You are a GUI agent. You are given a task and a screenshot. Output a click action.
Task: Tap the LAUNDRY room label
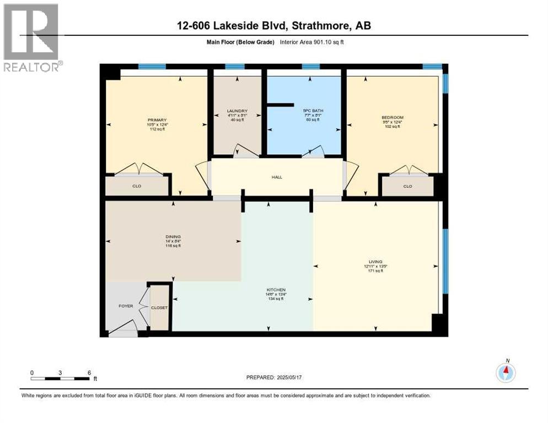point(237,111)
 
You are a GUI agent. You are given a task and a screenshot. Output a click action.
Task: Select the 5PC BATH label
point(313,111)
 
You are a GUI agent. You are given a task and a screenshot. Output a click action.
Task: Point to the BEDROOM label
point(393,117)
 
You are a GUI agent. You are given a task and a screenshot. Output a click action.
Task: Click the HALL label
point(277,177)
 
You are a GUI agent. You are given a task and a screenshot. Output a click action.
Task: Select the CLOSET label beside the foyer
point(159,307)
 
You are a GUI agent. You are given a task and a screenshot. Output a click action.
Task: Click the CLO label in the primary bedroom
point(137,186)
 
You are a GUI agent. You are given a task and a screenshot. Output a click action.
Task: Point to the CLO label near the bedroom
point(407,186)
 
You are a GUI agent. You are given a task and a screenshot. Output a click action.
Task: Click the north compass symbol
point(506,372)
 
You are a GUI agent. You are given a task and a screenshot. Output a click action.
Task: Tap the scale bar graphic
point(60,378)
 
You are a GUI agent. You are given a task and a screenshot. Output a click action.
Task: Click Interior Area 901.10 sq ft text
point(315,42)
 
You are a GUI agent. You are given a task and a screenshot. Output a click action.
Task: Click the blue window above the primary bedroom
point(152,66)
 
